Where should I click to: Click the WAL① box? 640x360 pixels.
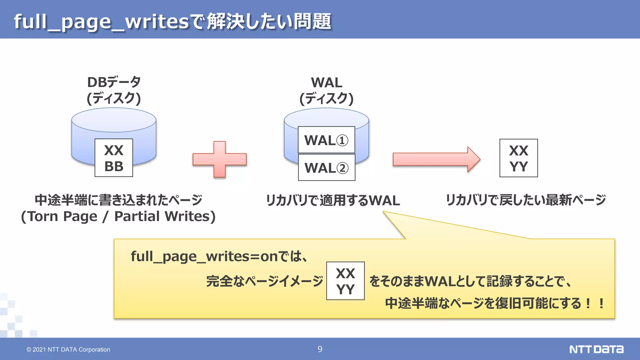click(x=326, y=140)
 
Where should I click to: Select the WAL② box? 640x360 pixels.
click(x=326, y=167)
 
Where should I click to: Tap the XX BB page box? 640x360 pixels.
click(x=114, y=158)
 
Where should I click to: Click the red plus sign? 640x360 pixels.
click(x=220, y=159)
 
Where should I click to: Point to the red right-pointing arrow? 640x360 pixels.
click(x=436, y=159)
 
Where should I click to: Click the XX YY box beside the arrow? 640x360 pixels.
click(x=518, y=158)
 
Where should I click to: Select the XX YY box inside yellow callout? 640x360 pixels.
click(x=345, y=281)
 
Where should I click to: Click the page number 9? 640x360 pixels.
click(x=320, y=349)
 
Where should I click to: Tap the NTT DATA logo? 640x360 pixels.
click(x=596, y=349)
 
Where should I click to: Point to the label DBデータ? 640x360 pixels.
click(x=114, y=82)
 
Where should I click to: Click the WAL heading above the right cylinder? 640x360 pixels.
click(x=327, y=83)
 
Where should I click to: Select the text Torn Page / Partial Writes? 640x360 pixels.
click(x=118, y=216)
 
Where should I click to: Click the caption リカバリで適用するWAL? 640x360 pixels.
click(x=332, y=200)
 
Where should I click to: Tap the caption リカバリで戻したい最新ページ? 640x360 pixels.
click(x=526, y=200)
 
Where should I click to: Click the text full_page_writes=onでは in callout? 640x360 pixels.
click(x=219, y=257)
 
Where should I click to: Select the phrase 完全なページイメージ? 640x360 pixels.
click(x=264, y=281)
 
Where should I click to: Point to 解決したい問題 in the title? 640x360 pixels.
click(x=269, y=22)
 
